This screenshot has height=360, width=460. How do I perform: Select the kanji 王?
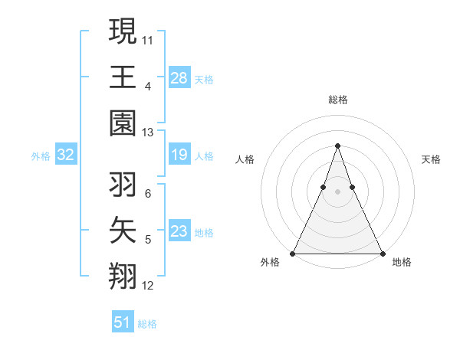coord(123,77)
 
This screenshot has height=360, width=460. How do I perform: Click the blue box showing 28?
coord(179,77)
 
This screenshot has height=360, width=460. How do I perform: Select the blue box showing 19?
coord(179,155)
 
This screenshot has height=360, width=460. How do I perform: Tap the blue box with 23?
coord(179,231)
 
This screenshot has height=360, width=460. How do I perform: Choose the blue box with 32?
coord(66,155)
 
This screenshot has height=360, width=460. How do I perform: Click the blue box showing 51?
coord(123,322)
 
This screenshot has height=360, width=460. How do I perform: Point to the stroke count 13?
coord(147,133)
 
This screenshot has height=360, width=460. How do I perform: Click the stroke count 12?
coord(147,286)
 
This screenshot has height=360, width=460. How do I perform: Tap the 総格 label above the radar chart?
coord(337,100)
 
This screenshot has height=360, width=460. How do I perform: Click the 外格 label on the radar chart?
coord(270,262)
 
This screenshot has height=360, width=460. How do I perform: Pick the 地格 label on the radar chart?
coord(402,262)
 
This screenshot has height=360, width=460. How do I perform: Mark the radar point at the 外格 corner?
coord(293,254)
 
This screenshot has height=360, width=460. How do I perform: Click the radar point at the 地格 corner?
coord(382,254)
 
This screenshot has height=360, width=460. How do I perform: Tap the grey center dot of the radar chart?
coord(337,180)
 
